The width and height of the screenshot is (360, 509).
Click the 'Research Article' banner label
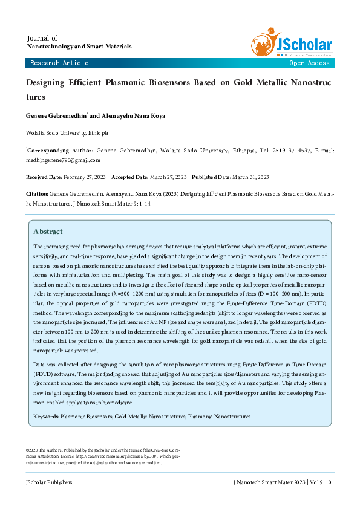coord(59,63)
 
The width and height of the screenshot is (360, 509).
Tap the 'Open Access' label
coord(309,63)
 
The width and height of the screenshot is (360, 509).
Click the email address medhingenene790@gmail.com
coord(63,160)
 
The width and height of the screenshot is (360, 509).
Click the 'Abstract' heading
coord(48,231)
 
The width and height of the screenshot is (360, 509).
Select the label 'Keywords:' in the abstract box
coord(47,417)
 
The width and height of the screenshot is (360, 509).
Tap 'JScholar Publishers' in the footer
coord(49,482)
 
